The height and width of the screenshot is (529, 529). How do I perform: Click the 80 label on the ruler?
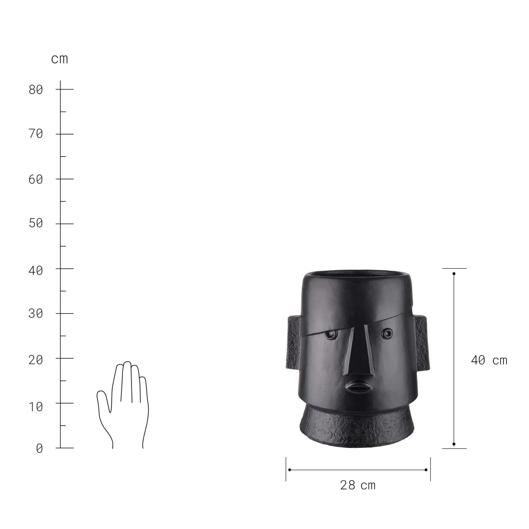click(36, 90)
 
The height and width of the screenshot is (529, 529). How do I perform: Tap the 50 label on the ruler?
click(36, 223)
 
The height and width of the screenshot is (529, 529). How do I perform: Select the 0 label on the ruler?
click(39, 448)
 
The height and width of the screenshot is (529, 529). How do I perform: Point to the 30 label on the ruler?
click(36, 313)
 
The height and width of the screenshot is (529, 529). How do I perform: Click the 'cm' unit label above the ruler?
click(59, 59)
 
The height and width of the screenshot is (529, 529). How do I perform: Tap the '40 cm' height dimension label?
click(489, 360)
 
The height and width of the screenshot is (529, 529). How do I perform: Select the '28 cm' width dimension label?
click(358, 485)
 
